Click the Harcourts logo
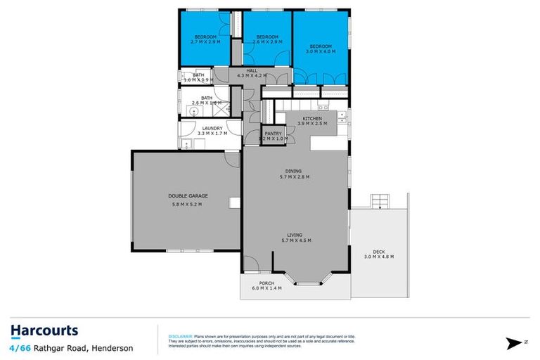(x=44, y=331)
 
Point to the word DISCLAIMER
(x=180, y=337)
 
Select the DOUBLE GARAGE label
(x=187, y=195)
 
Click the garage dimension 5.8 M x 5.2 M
(x=187, y=205)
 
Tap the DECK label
(x=378, y=251)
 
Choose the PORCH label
(x=266, y=283)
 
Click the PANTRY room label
(x=273, y=133)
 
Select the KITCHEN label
(x=312, y=118)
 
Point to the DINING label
(x=295, y=170)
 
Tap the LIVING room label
(x=295, y=235)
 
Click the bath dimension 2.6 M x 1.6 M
(x=206, y=103)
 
